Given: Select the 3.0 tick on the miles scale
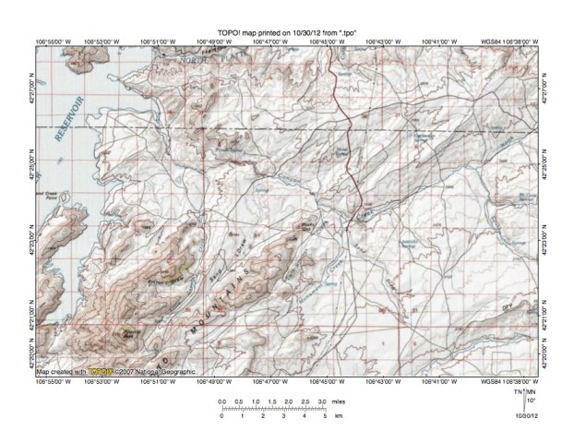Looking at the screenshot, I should point(320,403).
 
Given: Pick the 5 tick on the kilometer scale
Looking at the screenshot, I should point(324,416).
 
